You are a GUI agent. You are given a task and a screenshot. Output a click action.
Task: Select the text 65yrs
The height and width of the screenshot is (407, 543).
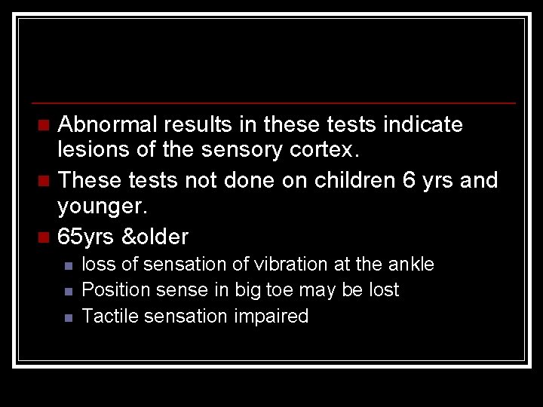(x=85, y=237)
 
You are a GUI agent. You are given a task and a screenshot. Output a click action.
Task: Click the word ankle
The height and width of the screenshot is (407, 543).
(x=412, y=265)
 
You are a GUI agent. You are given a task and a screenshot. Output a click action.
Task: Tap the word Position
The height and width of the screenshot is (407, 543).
(x=112, y=290)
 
